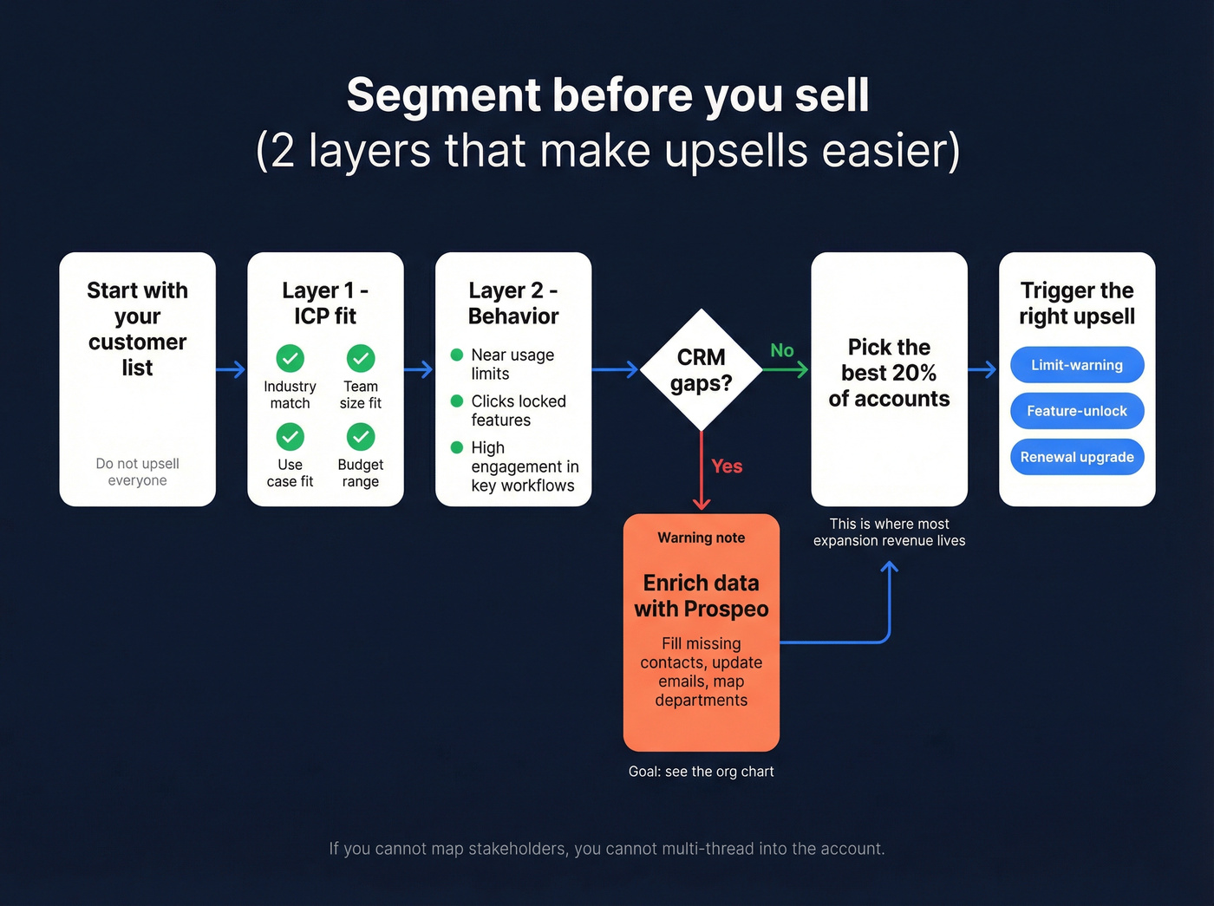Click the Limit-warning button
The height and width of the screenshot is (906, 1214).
[x=1076, y=365]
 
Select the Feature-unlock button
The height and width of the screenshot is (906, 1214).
[x=1076, y=411]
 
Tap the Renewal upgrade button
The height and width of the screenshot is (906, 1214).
[x=1076, y=457]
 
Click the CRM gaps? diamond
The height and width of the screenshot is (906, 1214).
[x=701, y=370]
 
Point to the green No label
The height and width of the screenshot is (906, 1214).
[x=781, y=350]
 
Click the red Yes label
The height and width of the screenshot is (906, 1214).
[x=727, y=466]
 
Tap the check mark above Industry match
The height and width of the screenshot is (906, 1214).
[x=290, y=358]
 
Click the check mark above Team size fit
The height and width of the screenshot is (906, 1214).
[x=361, y=358]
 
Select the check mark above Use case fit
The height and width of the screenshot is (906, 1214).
[x=290, y=436]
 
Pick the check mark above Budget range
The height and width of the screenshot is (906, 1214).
[x=361, y=436]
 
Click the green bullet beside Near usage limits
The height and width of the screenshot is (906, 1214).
[x=457, y=355]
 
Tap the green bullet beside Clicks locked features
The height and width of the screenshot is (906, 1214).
[x=457, y=401]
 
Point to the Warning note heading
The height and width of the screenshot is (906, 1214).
[x=701, y=538]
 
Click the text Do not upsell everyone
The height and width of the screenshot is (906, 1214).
[x=137, y=472]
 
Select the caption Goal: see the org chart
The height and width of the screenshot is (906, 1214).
[x=701, y=772]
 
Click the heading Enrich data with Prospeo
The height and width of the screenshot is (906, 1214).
[x=701, y=596]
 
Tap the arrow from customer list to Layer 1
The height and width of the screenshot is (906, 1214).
[x=231, y=370]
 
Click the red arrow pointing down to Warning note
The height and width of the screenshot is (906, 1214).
[x=702, y=473]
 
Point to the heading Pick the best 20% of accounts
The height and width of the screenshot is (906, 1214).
[x=889, y=373]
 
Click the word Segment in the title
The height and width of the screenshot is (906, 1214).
[x=443, y=95]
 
